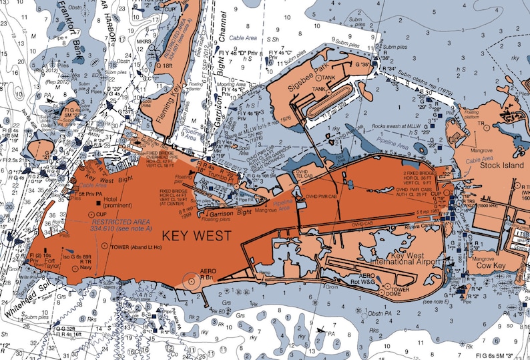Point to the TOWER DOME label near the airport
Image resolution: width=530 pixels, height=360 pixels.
(x=392, y=294)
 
